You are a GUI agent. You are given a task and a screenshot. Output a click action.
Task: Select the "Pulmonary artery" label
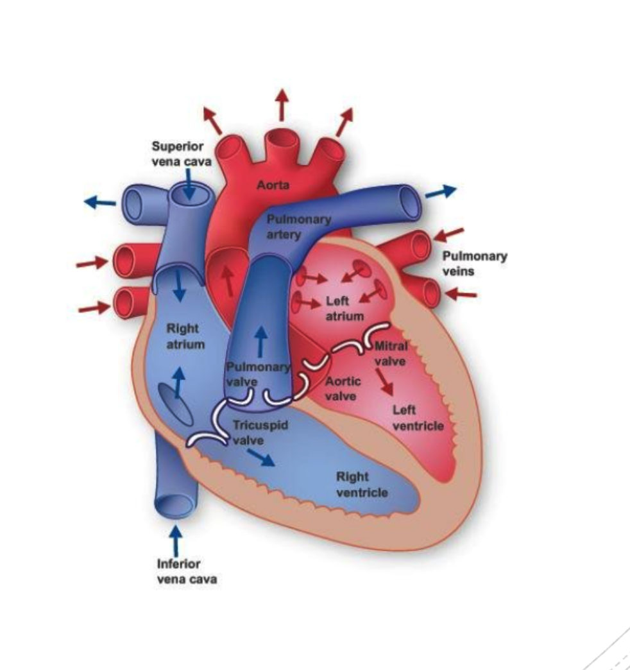pos(300,227)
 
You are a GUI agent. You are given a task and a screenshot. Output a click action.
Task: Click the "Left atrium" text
pos(345,308)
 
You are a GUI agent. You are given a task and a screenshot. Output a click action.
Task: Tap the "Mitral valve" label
pos(391,353)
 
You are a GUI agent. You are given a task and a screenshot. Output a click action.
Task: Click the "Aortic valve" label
pos(343,388)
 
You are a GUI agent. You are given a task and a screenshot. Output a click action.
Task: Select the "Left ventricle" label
pos(418,417)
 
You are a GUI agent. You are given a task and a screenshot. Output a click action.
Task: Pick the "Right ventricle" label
pos(362,484)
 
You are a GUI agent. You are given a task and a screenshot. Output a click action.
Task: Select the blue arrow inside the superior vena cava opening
pos(190,188)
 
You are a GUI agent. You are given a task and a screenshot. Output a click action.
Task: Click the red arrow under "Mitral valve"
pos(385,383)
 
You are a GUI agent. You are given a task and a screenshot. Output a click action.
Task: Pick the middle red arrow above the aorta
pos(280,105)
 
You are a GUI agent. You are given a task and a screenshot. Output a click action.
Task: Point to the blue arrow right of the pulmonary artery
pos(441,191)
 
